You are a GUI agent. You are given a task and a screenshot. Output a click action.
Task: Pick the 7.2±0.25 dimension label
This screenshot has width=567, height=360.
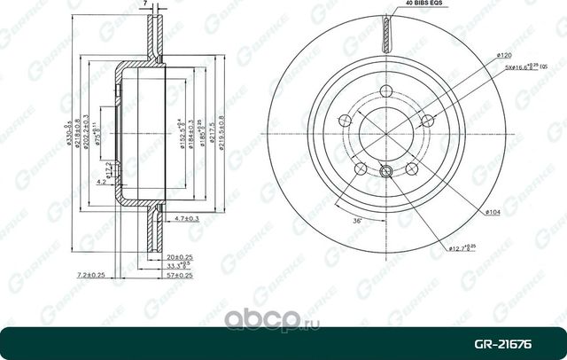(x=91, y=276)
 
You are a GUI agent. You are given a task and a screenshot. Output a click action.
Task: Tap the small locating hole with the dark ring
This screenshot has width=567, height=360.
(x=386, y=173)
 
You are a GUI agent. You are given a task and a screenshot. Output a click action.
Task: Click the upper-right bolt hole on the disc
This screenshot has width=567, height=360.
(x=427, y=120)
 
